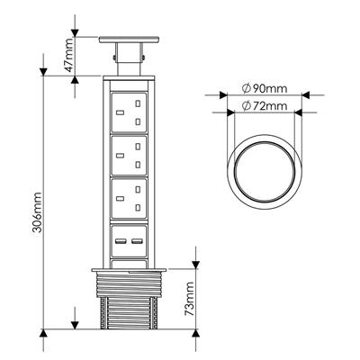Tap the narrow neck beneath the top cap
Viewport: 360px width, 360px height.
click(130, 58)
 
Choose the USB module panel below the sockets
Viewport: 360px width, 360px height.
click(130, 240)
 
